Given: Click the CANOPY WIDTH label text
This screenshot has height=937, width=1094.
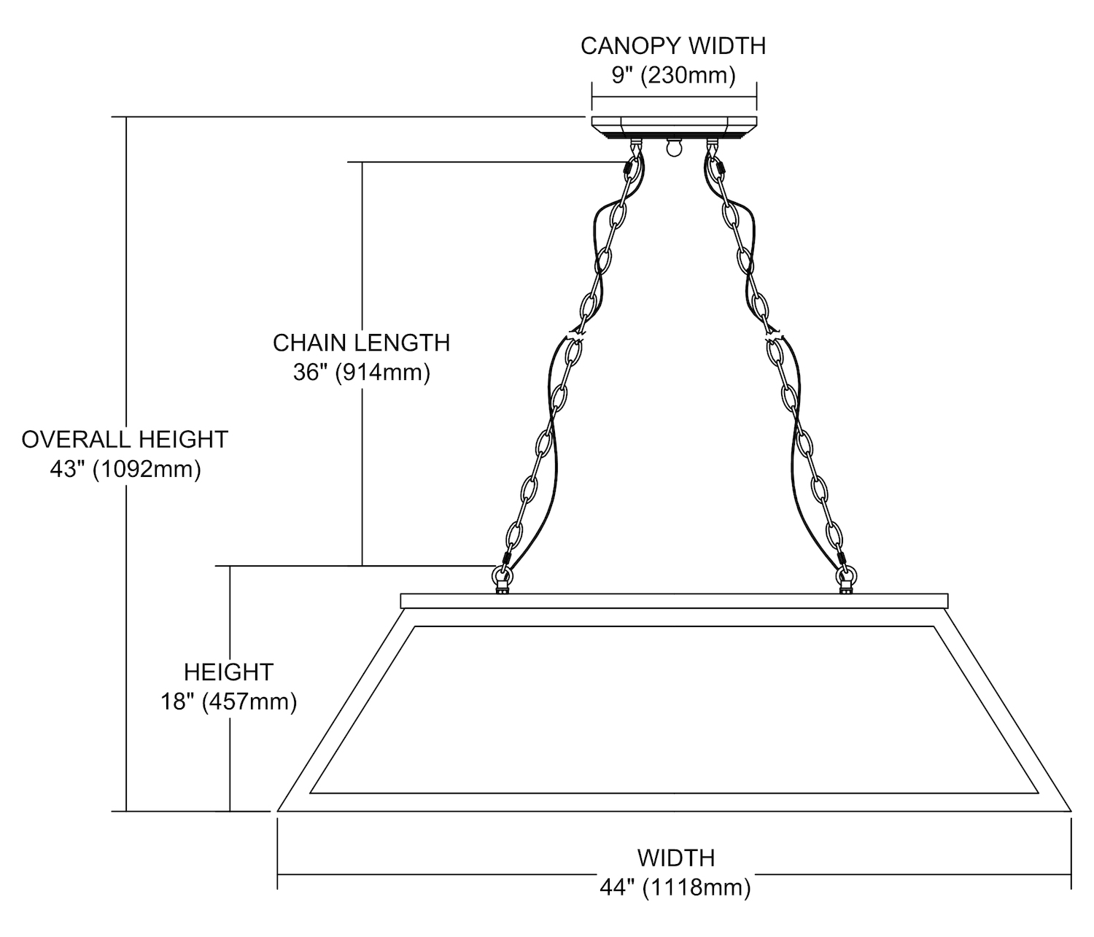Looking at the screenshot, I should click(x=673, y=46).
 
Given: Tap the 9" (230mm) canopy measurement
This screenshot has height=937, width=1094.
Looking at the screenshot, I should click(x=673, y=74).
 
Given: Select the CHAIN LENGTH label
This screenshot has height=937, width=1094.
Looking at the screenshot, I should click(x=361, y=342).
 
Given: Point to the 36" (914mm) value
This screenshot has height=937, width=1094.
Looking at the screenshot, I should click(x=361, y=372).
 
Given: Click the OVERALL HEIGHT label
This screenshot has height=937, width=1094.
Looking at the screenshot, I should click(x=125, y=439).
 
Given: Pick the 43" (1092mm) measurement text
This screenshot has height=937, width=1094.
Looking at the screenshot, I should click(x=125, y=469).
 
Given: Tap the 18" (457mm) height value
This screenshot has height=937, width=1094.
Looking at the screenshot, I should click(x=228, y=701).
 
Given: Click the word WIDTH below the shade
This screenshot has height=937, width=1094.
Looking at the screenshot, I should click(x=676, y=857).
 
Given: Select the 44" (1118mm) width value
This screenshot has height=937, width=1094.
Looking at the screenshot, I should click(x=675, y=887).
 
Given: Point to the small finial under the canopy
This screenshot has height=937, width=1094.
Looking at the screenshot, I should click(x=672, y=148).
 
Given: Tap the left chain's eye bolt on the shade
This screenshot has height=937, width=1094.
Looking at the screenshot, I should click(x=502, y=580).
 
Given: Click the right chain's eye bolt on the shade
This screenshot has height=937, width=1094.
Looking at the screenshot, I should click(x=845, y=580).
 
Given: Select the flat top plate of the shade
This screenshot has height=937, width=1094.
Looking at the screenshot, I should click(x=674, y=601).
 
